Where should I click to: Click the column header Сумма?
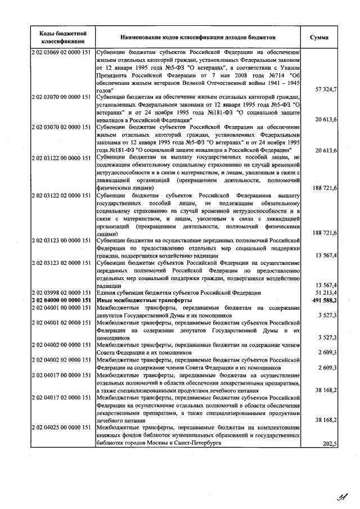point(323,37)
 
